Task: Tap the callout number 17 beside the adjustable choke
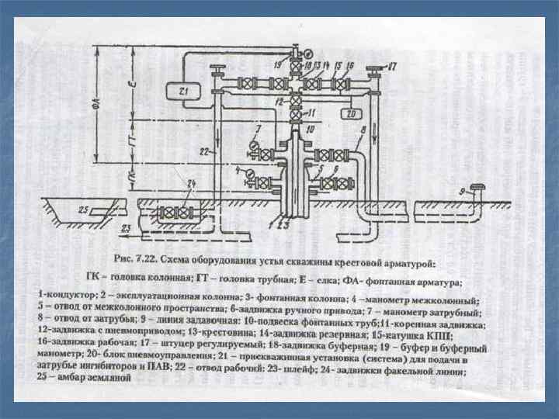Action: pos(392,68)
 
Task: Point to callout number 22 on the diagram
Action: pos(203,151)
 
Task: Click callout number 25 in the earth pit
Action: pos(83,210)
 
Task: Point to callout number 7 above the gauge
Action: pos(259,127)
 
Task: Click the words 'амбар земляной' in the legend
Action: pos(96,378)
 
